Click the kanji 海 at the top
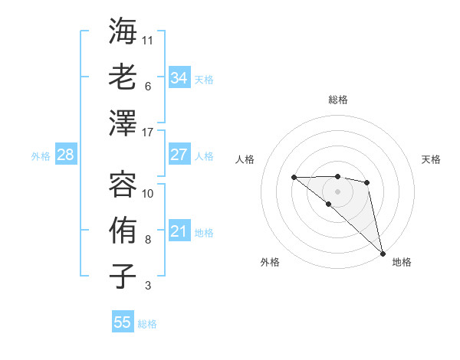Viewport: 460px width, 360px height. coord(123,31)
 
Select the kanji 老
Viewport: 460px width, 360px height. coord(123,77)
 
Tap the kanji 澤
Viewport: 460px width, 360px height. coord(123,123)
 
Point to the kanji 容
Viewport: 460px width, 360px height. coord(123,185)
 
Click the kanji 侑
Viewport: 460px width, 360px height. coord(123,231)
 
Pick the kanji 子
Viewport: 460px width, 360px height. coord(123,277)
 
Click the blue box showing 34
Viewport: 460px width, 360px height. coord(179,78)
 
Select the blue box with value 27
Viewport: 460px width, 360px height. coord(179,155)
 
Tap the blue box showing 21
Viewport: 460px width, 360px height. coord(179,231)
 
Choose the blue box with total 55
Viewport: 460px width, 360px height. coord(123,322)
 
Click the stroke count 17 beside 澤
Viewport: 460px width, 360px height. coord(148,133)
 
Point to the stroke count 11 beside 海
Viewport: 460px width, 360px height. coord(148,40)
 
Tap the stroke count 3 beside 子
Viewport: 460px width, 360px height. coord(148,286)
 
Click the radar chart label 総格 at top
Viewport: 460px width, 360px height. coord(338,100)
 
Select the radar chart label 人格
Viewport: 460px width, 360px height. coord(245,159)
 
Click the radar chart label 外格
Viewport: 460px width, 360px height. coord(270,262)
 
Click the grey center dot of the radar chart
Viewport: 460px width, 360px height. coord(338,190)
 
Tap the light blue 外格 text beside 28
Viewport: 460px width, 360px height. coord(41,156)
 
